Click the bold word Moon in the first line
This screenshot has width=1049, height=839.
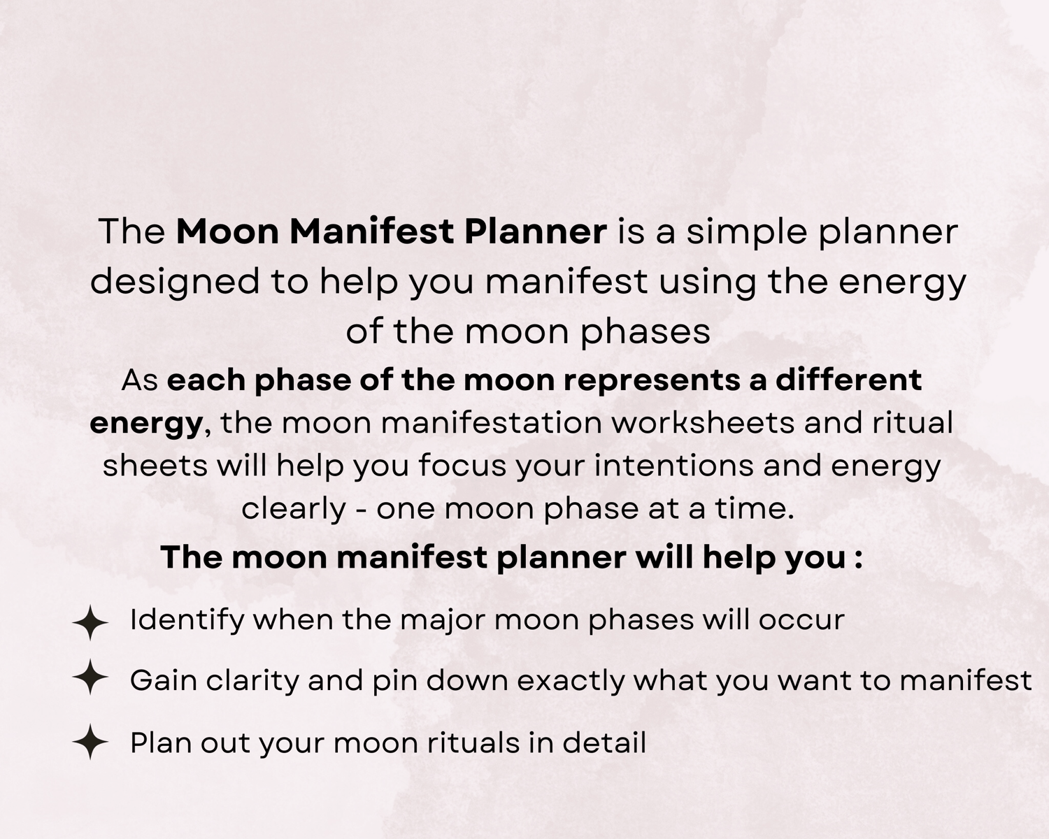tap(227, 231)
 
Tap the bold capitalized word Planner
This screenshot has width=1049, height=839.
tap(535, 231)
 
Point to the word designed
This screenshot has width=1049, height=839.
tap(175, 283)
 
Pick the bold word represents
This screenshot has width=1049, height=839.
tap(651, 381)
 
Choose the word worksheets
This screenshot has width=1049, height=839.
tap(703, 422)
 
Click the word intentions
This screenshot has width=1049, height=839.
tap(673, 465)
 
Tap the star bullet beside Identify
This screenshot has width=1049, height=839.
tap(90, 622)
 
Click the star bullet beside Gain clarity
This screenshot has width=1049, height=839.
tap(90, 677)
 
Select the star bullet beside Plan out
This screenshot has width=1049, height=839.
tap(90, 742)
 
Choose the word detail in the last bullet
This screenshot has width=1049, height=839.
tap(604, 743)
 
